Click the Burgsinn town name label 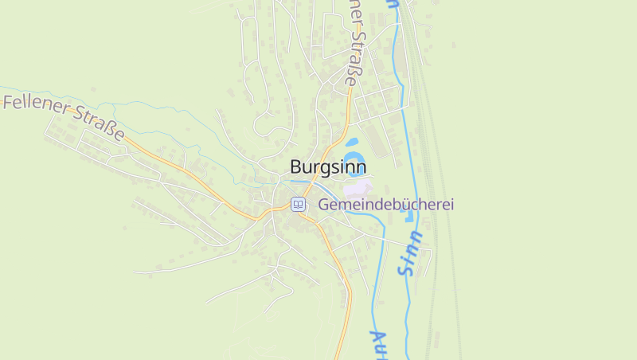pyautogui.click(x=328, y=167)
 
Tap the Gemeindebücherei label pyautogui.click(x=386, y=205)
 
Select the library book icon pyautogui.click(x=298, y=205)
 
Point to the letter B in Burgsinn pyautogui.click(x=296, y=167)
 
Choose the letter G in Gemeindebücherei pyautogui.click(x=324, y=205)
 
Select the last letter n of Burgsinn pyautogui.click(x=361, y=167)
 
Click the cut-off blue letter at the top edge pyautogui.click(x=392, y=3)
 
